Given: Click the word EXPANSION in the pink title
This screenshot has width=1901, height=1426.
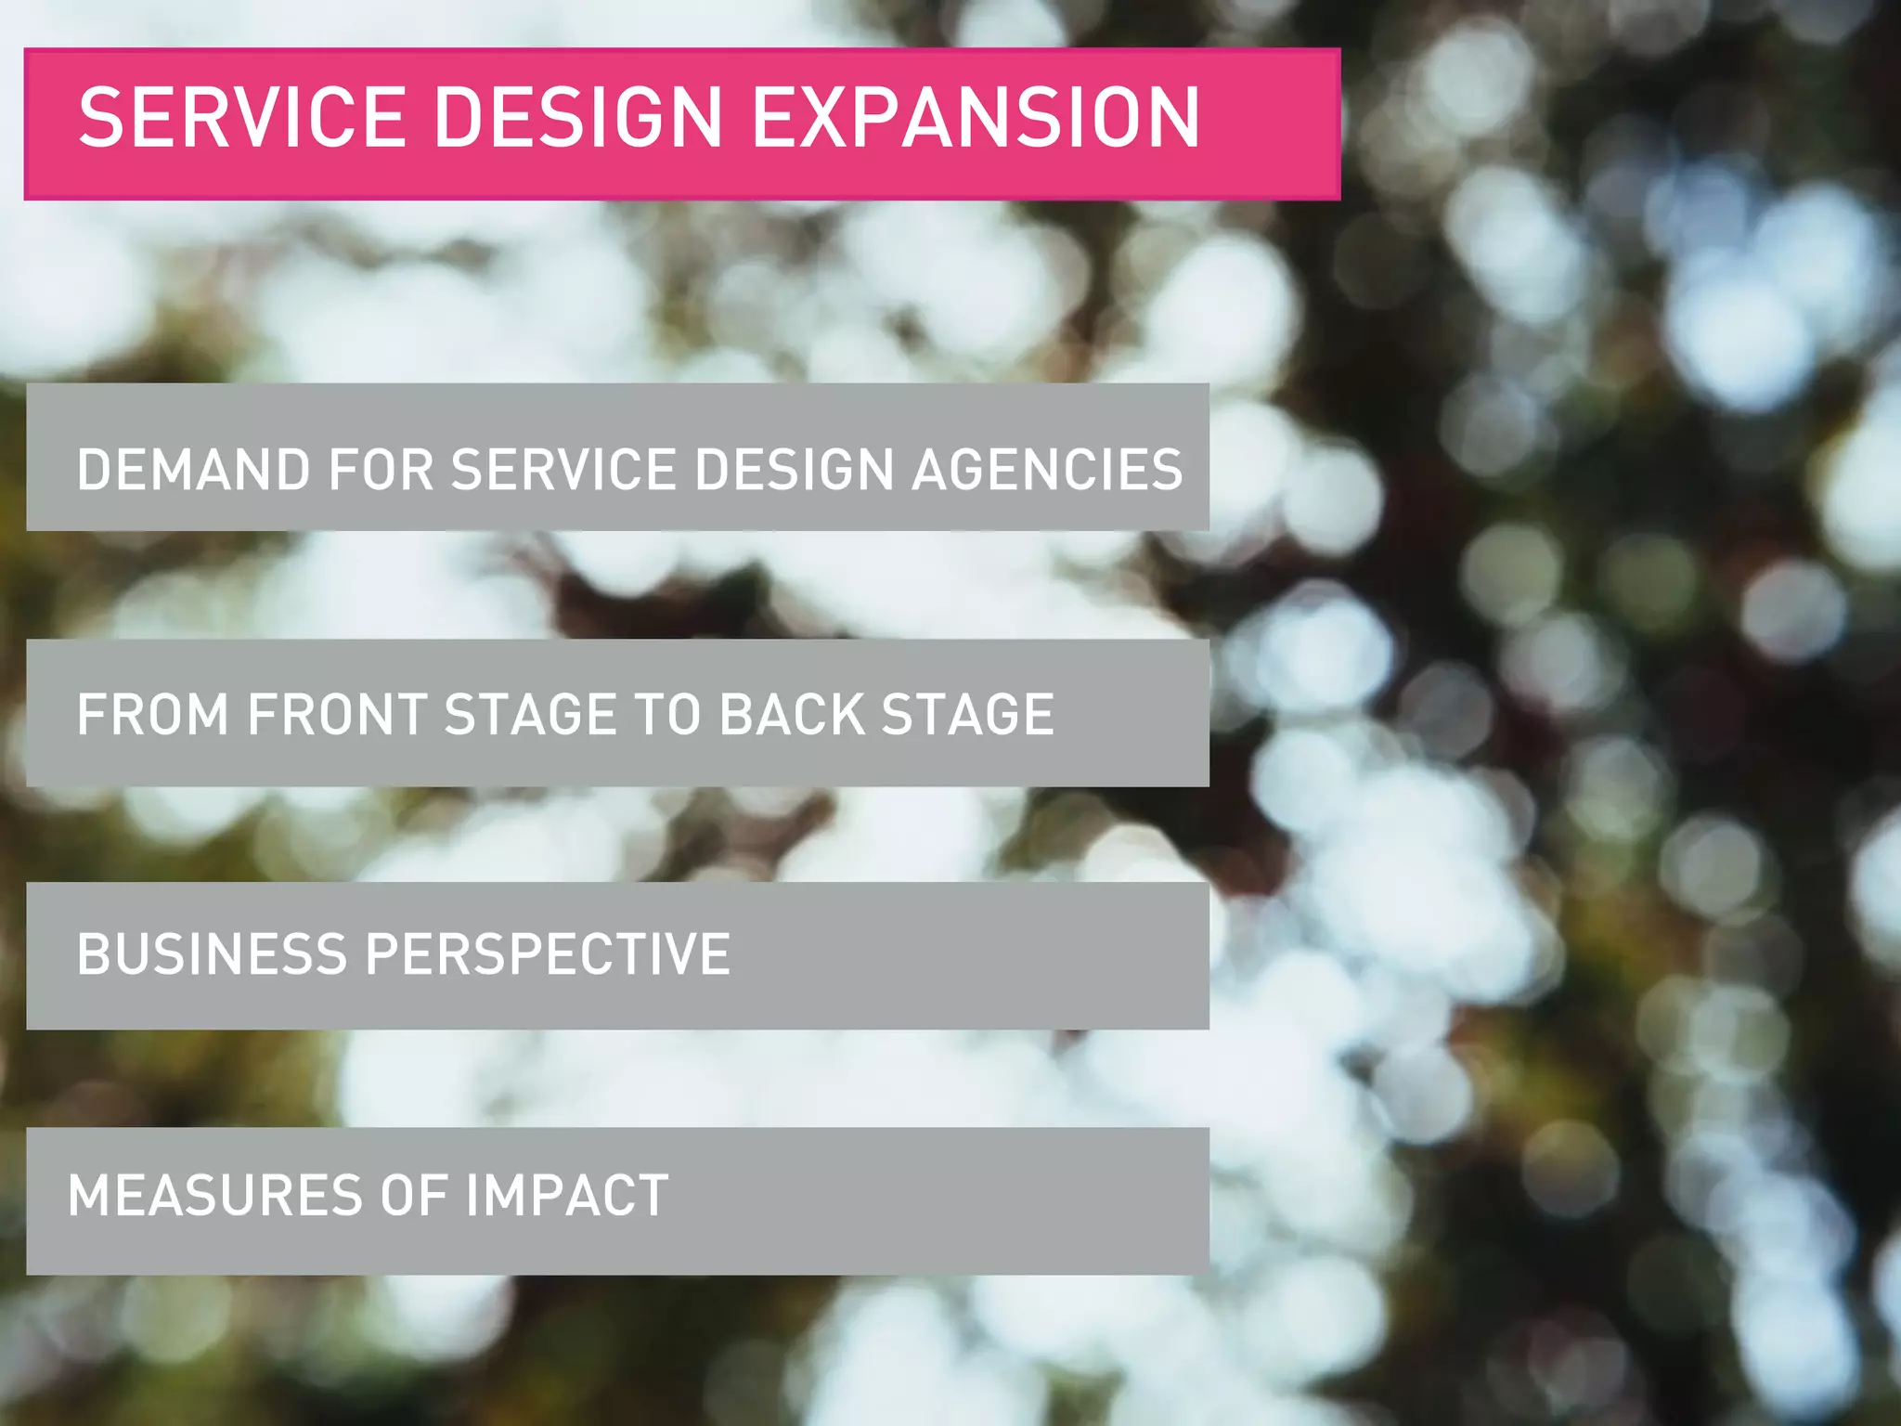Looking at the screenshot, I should [x=975, y=117].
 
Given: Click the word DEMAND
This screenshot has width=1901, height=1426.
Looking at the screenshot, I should [x=193, y=469].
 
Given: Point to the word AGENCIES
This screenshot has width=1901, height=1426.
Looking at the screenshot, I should [x=1047, y=469].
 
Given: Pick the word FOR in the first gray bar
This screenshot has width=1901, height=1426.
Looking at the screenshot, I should [x=381, y=469].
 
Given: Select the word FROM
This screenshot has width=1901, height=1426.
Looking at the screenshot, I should [x=153, y=715].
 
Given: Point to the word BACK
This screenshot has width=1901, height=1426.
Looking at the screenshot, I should [x=792, y=715].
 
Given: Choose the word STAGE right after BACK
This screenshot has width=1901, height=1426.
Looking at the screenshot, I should [x=967, y=715].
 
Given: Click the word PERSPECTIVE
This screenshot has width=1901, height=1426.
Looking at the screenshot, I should [x=549, y=954].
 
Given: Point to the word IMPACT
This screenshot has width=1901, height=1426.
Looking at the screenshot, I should [x=567, y=1196].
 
